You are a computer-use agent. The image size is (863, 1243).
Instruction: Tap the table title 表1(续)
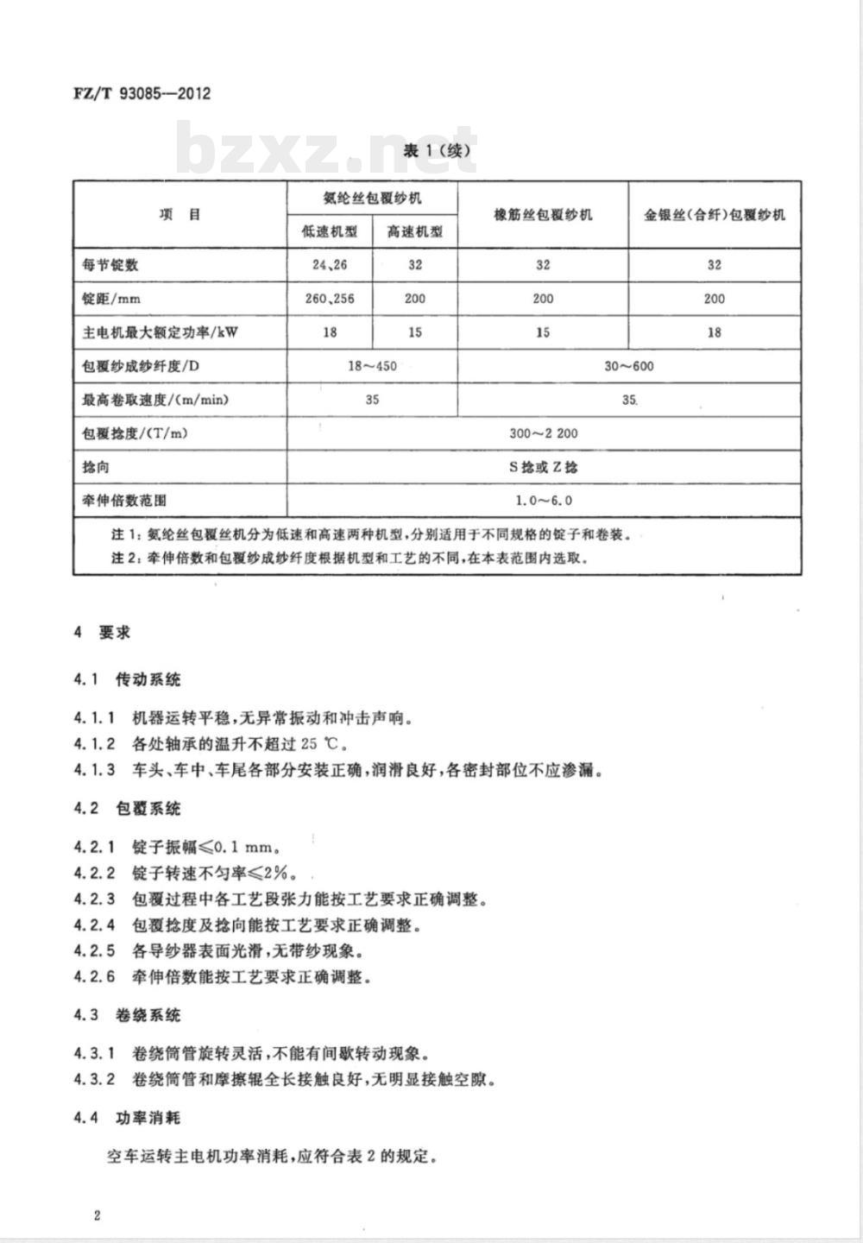click(x=438, y=151)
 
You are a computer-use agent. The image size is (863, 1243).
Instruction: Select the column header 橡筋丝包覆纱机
click(x=543, y=215)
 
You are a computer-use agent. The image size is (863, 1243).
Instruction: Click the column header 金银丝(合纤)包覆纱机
click(x=714, y=215)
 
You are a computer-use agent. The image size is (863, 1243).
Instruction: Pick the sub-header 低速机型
click(x=329, y=231)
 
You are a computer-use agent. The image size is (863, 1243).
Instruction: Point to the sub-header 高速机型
click(x=414, y=231)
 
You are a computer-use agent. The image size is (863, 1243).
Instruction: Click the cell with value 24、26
click(x=329, y=265)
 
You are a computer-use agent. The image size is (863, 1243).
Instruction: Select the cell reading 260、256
click(x=329, y=299)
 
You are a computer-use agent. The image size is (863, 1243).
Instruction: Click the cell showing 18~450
click(x=372, y=366)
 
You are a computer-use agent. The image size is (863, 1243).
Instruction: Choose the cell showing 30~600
click(x=628, y=366)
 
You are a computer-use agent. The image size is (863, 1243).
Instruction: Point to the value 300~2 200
click(x=543, y=433)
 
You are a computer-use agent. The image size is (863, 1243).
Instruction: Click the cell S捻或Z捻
click(x=543, y=467)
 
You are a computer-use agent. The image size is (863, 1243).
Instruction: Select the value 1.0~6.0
click(x=543, y=501)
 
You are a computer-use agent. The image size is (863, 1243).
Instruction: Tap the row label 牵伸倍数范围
click(x=124, y=501)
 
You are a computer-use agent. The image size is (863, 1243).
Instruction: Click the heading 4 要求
click(x=103, y=633)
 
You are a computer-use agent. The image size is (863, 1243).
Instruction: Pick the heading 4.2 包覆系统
click(x=128, y=809)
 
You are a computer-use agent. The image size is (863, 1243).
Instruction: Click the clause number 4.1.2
click(x=94, y=744)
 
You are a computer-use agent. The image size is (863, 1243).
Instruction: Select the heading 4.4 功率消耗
click(x=128, y=1118)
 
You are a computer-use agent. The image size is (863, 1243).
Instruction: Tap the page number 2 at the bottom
click(x=98, y=1216)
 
